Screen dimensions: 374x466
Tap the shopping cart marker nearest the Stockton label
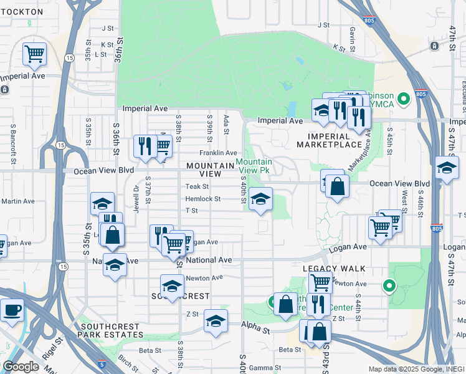click(x=34, y=54)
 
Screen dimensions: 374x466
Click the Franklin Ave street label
click(x=218, y=153)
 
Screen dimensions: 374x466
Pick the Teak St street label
click(x=197, y=186)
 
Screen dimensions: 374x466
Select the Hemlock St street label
click(x=203, y=199)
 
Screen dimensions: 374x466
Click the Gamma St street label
click(x=261, y=368)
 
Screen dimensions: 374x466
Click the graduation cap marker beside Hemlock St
click(x=261, y=200)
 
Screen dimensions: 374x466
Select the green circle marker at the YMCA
click(x=404, y=98)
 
